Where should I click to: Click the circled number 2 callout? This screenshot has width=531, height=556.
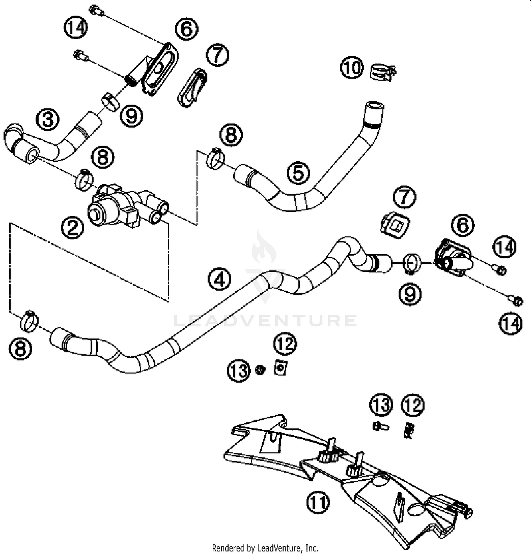pyautogui.click(x=72, y=228)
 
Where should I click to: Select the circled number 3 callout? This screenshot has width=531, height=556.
pyautogui.click(x=48, y=119)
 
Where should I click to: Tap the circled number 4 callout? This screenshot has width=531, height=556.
pyautogui.click(x=219, y=279)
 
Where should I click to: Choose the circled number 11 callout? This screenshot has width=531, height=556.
pyautogui.click(x=318, y=502)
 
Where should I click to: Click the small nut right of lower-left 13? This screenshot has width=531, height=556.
pyautogui.click(x=261, y=370)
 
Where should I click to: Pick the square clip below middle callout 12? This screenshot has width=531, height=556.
pyautogui.click(x=280, y=368)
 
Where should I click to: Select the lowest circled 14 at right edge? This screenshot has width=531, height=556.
pyautogui.click(x=510, y=324)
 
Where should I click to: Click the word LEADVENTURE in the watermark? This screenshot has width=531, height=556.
pyautogui.click(x=265, y=321)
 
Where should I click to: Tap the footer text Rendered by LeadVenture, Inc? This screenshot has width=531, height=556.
pyautogui.click(x=265, y=548)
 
